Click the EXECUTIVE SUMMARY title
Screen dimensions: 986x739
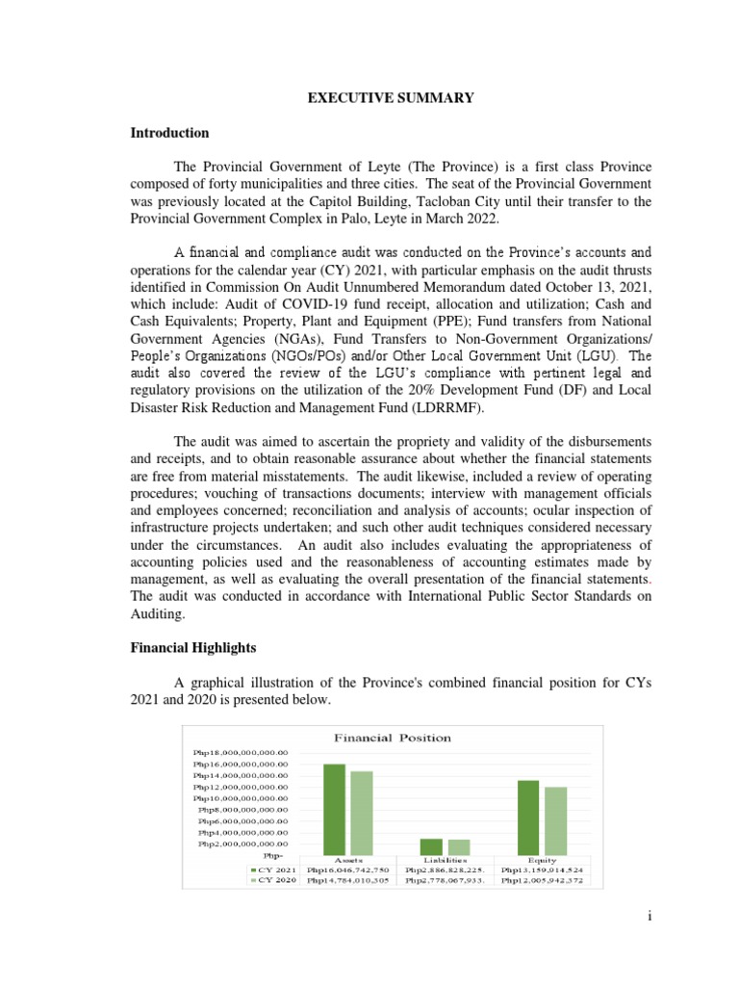click(369, 97)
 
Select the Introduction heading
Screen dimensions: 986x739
click(169, 133)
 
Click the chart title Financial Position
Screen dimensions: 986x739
click(392, 738)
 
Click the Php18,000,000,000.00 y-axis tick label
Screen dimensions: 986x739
click(247, 752)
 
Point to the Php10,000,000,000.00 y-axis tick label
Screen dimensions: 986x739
click(247, 798)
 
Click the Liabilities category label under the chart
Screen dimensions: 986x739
click(446, 858)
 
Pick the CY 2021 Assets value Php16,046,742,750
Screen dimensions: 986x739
click(348, 869)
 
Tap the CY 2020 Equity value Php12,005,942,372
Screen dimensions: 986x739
click(543, 880)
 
